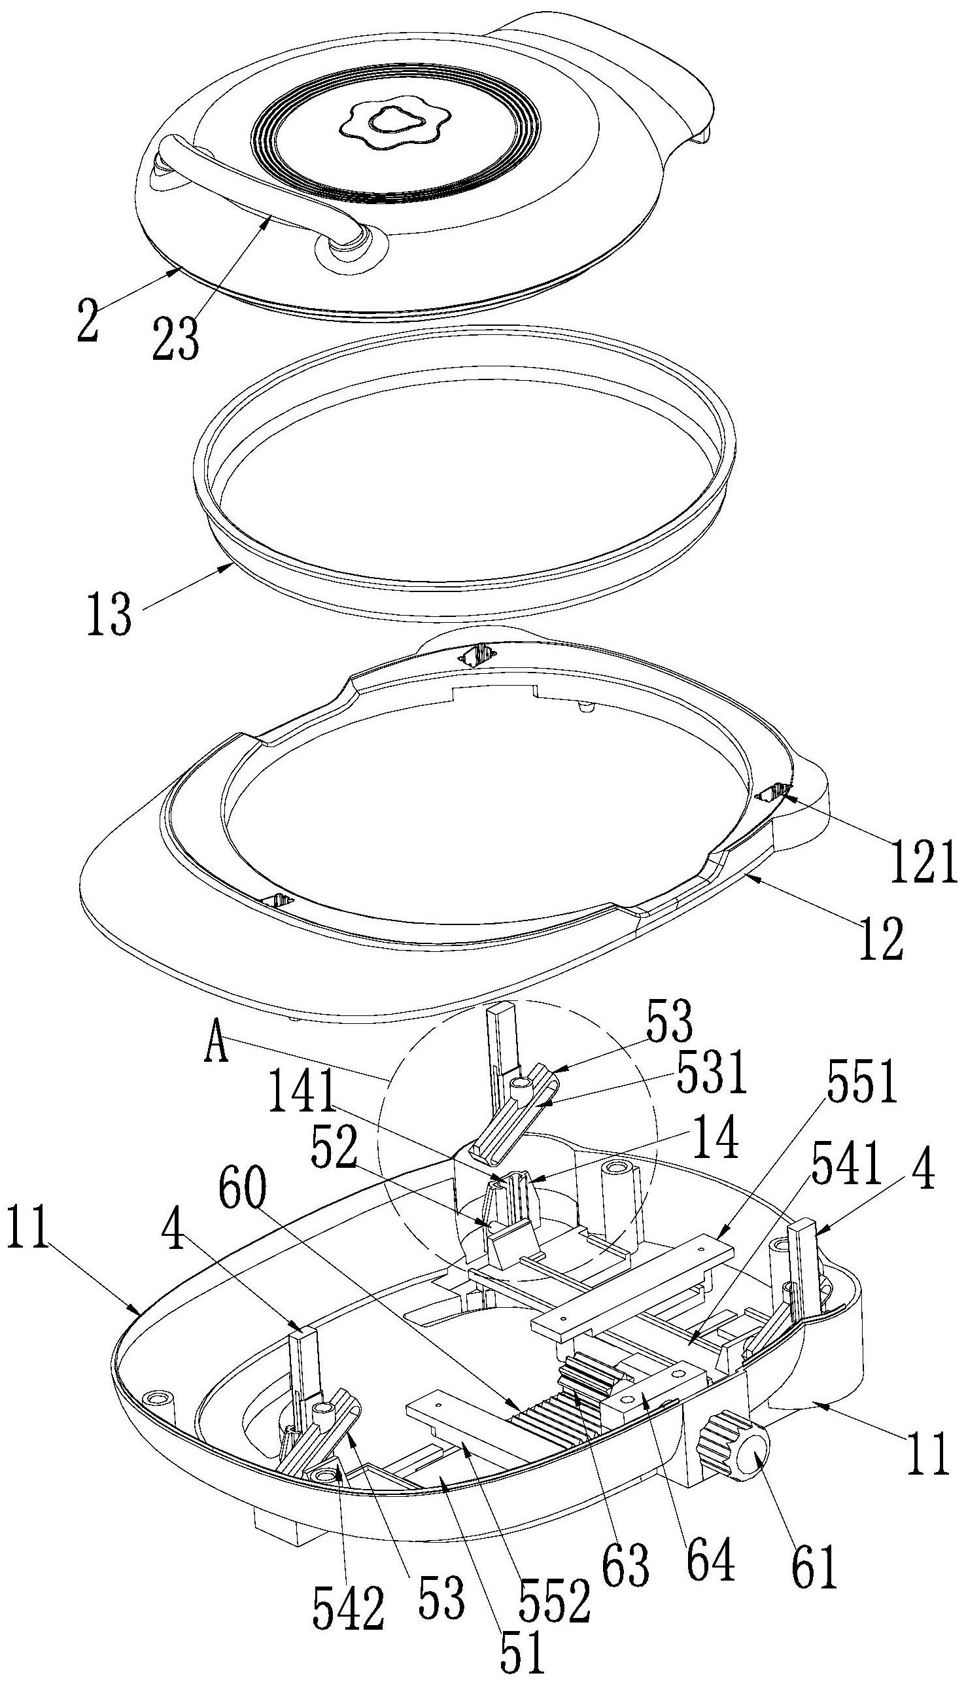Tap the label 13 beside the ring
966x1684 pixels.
[110, 615]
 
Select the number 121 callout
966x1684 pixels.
[922, 860]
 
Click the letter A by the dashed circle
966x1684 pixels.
[219, 1048]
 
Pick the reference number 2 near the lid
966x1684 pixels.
[87, 321]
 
